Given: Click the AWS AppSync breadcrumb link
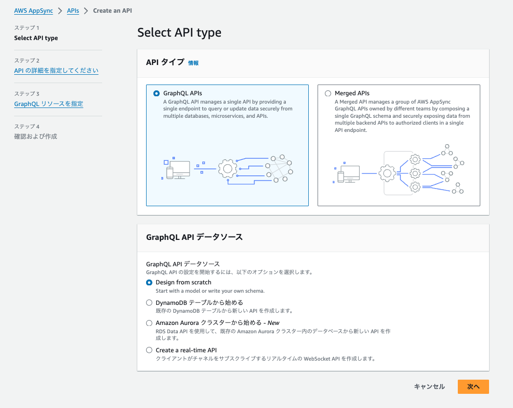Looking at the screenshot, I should click(x=33, y=11).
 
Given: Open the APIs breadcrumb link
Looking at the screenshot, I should click(x=73, y=11).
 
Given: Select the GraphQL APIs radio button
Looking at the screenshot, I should click(x=156, y=93).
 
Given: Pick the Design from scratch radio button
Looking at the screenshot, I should click(x=150, y=282).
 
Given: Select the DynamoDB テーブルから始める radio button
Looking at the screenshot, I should click(x=150, y=302).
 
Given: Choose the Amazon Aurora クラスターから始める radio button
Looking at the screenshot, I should click(x=150, y=323).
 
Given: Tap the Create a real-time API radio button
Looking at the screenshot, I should click(x=150, y=350).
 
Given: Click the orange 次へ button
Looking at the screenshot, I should click(x=473, y=387).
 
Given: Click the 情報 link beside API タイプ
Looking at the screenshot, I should click(x=193, y=63).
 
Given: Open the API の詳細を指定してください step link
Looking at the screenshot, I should click(x=56, y=71).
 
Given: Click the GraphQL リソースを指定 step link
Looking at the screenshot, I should click(x=48, y=104).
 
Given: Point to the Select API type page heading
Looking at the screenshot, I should click(x=179, y=33).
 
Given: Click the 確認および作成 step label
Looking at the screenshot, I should click(x=36, y=136).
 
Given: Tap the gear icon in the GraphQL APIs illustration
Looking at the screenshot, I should click(x=227, y=169).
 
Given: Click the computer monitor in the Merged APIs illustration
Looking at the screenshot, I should click(x=350, y=172).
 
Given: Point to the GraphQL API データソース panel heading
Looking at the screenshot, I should click(x=194, y=237).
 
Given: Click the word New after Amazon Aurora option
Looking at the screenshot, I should click(x=274, y=323).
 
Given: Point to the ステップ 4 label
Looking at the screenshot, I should click(x=27, y=127).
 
